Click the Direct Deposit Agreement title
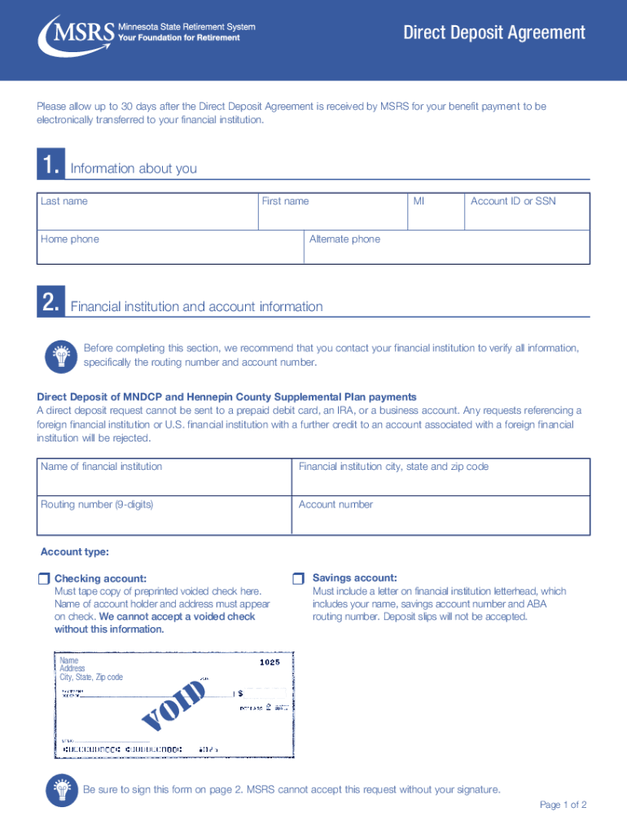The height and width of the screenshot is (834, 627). pos(494,33)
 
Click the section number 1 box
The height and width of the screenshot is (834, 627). pos(49,167)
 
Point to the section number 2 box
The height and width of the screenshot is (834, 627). pos(49,305)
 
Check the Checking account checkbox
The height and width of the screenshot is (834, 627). pos(43,578)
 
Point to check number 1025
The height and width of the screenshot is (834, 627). pos(270,662)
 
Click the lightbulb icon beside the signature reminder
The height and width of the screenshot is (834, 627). pos(60,788)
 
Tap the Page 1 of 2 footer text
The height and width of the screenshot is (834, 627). pos(563,805)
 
